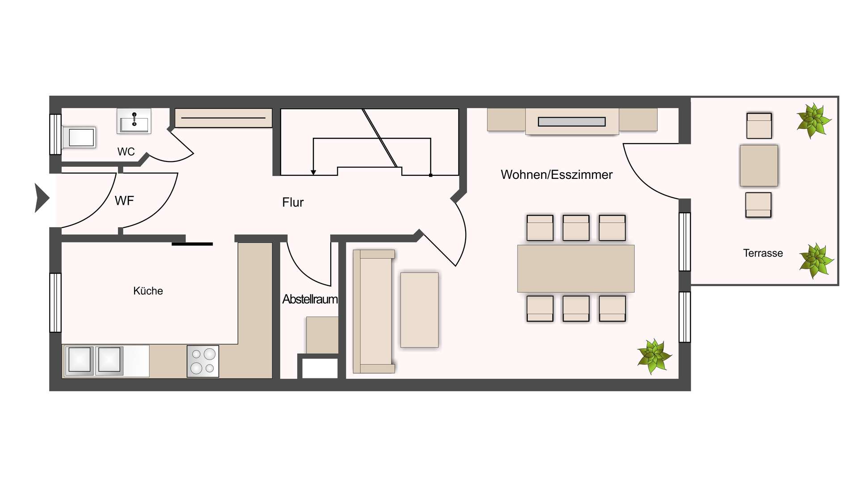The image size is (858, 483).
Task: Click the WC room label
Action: (126, 152)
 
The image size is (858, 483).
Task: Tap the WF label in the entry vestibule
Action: (124, 201)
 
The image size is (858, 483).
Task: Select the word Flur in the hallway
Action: (293, 202)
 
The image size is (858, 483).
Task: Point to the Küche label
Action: (148, 291)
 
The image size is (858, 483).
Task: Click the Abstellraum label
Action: (310, 299)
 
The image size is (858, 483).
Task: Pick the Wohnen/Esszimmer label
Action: (556, 174)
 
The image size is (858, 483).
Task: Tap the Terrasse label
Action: (763, 253)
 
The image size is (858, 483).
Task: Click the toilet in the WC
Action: (79, 137)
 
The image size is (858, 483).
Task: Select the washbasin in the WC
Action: (134, 121)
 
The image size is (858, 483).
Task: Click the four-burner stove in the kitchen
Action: (203, 361)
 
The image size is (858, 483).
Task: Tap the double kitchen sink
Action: (94, 360)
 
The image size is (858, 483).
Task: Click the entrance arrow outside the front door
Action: (42, 198)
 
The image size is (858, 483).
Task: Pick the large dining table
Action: (576, 268)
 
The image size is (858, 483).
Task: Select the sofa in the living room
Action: (374, 311)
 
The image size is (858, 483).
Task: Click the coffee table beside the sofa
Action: (419, 310)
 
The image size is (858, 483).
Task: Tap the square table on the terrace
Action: (759, 165)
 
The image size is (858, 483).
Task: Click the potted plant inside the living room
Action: (654, 356)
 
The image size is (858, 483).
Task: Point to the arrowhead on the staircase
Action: (313, 173)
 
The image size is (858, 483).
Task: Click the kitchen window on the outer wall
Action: (55, 303)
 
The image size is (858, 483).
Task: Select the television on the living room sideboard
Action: (572, 122)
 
